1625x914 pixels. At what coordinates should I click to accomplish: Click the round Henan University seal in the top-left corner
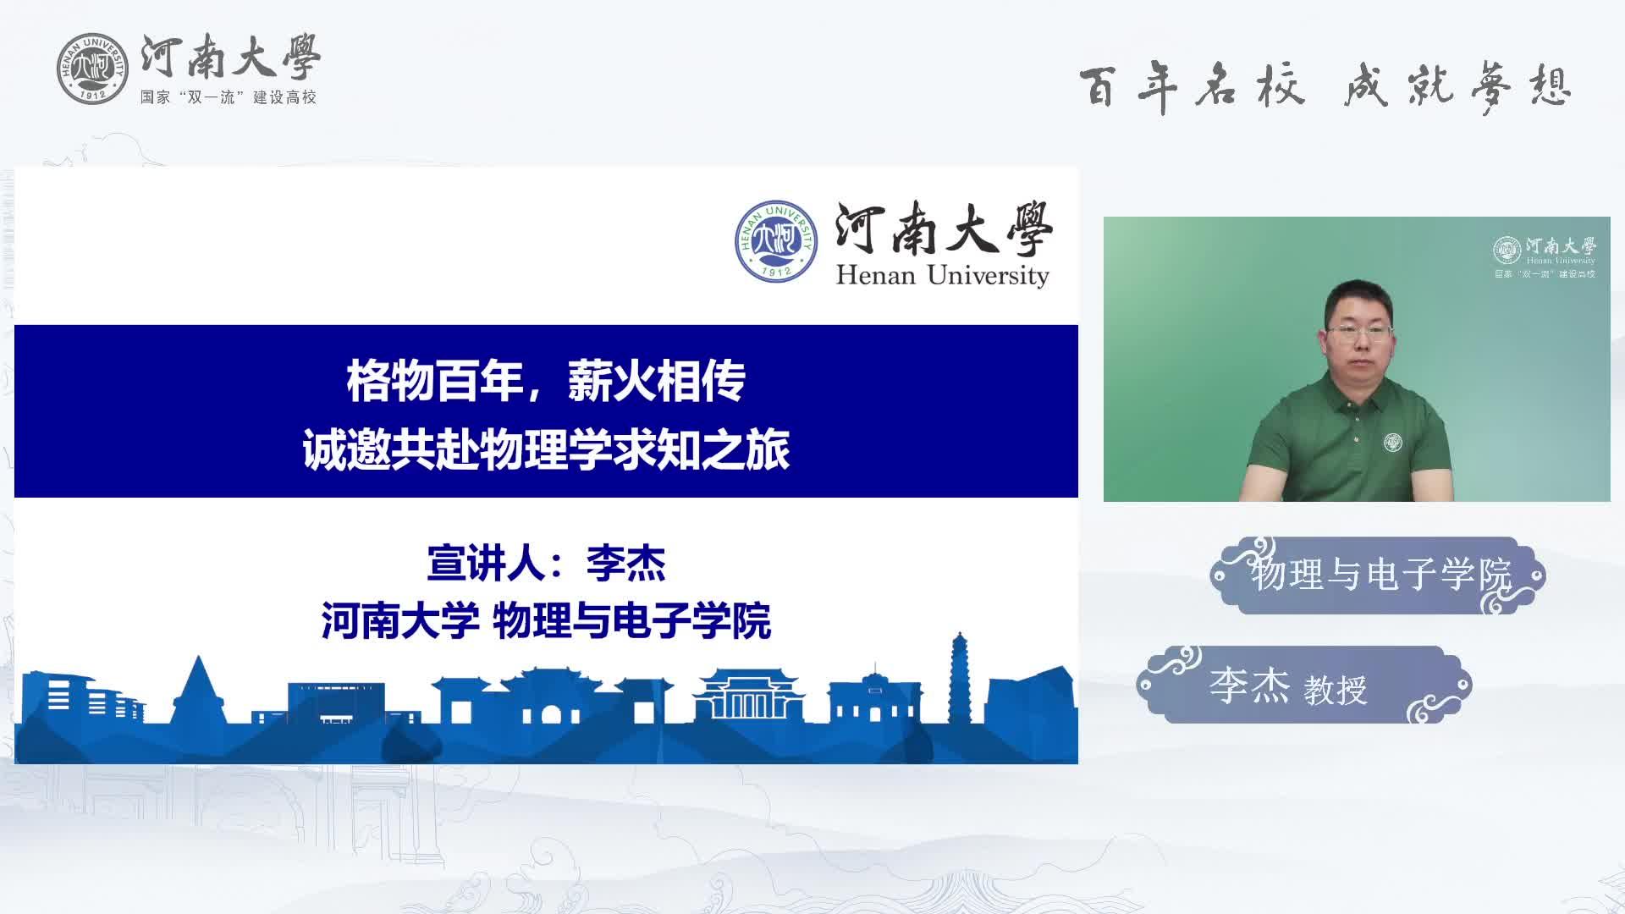tap(92, 69)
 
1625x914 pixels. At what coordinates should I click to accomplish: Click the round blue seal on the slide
tap(776, 242)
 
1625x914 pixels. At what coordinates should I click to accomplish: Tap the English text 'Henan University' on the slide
tap(942, 275)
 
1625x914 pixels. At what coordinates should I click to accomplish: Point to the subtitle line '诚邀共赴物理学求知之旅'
tap(546, 449)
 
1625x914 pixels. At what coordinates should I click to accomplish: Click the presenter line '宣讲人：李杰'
tap(546, 564)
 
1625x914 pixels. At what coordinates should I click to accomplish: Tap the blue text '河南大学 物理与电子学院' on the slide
tap(546, 621)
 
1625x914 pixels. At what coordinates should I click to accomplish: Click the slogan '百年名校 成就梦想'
tap(1325, 87)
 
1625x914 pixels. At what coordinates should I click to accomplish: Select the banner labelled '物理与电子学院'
tap(1378, 575)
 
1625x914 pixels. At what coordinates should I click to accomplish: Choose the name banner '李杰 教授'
tap(1304, 685)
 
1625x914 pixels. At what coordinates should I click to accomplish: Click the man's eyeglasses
tap(1359, 333)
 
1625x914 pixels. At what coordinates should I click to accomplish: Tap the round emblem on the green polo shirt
tap(1393, 442)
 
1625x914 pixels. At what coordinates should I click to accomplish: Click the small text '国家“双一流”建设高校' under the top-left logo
tap(229, 97)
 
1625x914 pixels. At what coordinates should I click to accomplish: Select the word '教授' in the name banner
tap(1336, 690)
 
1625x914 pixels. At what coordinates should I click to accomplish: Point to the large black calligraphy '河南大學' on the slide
tap(944, 228)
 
